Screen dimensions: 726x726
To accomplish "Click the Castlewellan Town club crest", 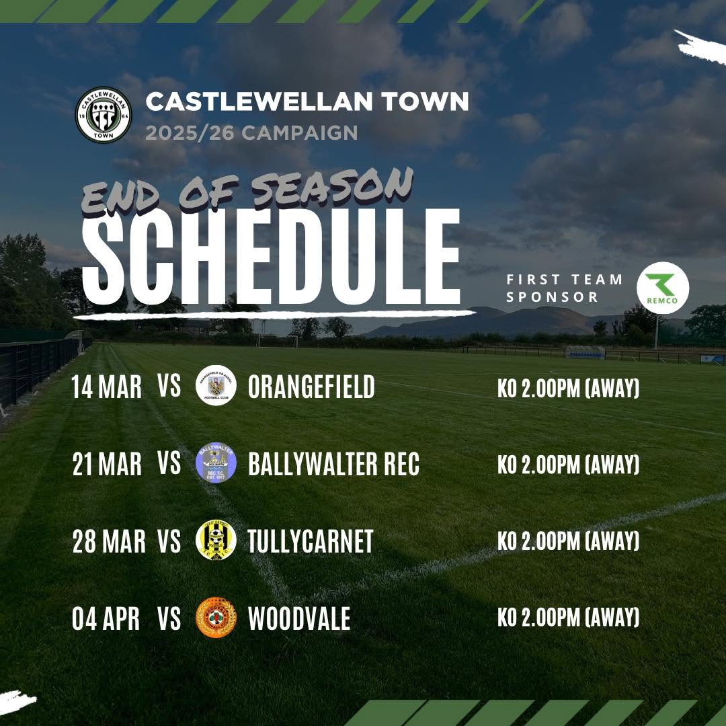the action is click(x=104, y=115).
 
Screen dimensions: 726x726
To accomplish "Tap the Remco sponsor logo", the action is click(x=663, y=288).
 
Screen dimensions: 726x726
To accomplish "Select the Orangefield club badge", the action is click(x=216, y=385).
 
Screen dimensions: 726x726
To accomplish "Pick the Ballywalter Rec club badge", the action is click(x=216, y=462).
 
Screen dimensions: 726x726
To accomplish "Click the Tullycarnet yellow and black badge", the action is click(x=216, y=540).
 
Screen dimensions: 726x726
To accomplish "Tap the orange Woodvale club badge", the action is click(x=216, y=618).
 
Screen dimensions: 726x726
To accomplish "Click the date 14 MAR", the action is click(x=106, y=387).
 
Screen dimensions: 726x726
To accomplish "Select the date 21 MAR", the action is click(x=107, y=465).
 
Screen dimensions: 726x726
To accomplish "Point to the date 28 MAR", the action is click(x=109, y=541).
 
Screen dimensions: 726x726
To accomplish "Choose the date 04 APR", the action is click(x=106, y=618).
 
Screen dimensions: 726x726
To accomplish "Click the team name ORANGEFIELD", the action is click(x=311, y=387).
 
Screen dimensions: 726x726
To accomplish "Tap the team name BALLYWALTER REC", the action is click(x=334, y=464).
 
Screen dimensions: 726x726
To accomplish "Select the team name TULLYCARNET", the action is click(x=311, y=541).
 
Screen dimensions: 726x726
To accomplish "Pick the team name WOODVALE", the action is click(x=299, y=618).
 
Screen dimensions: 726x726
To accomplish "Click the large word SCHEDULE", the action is click(x=271, y=257).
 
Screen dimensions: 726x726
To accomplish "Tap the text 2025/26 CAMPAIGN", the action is click(x=251, y=133).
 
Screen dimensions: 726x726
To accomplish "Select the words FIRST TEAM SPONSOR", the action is click(x=565, y=288).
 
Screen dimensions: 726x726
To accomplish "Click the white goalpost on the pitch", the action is click(x=278, y=341).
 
